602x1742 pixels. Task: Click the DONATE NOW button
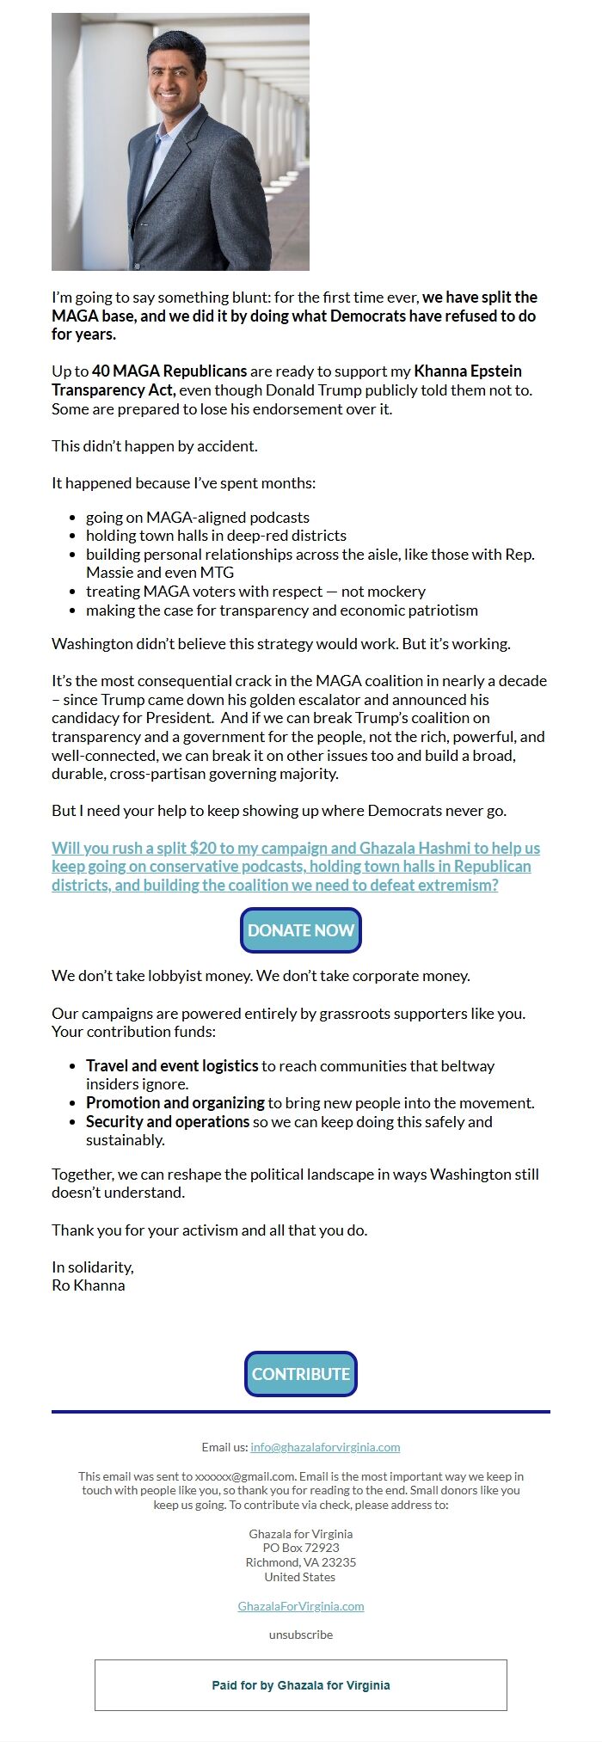pos(300,930)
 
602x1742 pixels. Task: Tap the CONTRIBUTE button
pos(300,1374)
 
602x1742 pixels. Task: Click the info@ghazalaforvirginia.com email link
pos(325,1447)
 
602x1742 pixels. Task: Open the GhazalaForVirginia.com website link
pos(300,1606)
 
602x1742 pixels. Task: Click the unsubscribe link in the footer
pos(300,1635)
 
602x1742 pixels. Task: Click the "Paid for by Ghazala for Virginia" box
pos(300,1685)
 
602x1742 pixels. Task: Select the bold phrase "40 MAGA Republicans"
pos(170,371)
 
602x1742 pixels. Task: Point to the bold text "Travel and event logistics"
pos(172,1066)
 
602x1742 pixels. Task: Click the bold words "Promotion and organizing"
pos(175,1103)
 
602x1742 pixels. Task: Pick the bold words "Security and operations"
pos(168,1122)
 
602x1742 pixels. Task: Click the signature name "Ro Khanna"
pos(89,1285)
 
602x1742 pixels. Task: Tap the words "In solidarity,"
pos(93,1267)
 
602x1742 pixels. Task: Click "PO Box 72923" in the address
pos(300,1548)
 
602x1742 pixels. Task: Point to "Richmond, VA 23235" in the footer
pos(300,1562)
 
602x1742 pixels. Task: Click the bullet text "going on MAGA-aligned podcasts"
pos(197,518)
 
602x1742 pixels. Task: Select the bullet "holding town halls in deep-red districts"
pos(216,536)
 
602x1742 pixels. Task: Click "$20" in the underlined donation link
pos(203,849)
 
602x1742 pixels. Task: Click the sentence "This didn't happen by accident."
pos(155,446)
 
